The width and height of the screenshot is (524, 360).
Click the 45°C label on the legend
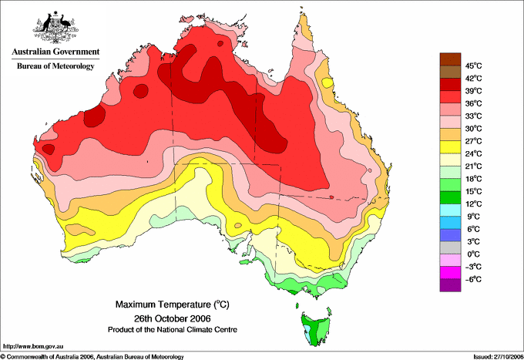coord(473,66)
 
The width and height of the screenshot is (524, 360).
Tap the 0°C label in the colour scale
coord(473,254)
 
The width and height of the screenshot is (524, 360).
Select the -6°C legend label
coord(473,279)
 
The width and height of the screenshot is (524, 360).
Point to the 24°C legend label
coord(473,153)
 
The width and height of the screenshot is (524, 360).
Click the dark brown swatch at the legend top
coord(450,59)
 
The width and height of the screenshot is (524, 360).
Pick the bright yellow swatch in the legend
coord(450,147)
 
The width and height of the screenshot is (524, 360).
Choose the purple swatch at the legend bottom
coord(450,285)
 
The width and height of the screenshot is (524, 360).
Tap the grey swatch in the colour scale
coord(450,247)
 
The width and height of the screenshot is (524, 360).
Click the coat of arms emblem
coord(55,28)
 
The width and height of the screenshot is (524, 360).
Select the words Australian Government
coord(55,52)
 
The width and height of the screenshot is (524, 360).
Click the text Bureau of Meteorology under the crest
coord(55,66)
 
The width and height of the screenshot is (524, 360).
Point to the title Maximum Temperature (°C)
coord(173,304)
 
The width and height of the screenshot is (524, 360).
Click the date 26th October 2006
coord(173,318)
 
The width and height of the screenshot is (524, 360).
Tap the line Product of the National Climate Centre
coord(173,330)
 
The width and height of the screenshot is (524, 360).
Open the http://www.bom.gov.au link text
coord(32,347)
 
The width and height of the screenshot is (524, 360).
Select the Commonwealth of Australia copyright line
coord(92,357)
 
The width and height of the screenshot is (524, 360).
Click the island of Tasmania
coord(317,328)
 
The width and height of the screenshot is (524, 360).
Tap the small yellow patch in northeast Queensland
coord(327,82)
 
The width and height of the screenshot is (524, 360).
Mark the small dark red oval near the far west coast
coord(49,149)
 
